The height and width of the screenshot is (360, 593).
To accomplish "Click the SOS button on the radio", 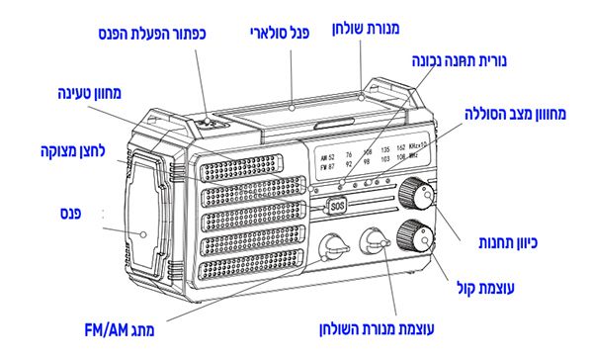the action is tap(337, 207).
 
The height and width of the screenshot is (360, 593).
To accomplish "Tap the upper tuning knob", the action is tap(416, 194).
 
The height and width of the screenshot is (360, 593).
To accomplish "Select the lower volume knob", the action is tap(415, 236).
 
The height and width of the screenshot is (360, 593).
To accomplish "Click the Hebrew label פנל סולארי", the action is tap(280, 33).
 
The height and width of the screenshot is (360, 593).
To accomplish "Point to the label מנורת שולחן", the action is tap(366, 29).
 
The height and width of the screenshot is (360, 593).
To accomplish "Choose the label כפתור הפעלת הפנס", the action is tap(152, 34).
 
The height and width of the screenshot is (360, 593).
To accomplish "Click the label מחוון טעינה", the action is tap(89, 93).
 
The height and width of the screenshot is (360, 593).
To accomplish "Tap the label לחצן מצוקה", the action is tap(72, 151).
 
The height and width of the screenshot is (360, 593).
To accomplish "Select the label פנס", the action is tap(71, 214).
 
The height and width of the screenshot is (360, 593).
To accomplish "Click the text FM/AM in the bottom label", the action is tap(107, 330).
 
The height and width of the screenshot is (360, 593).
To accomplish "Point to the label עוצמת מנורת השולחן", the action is tap(377, 328).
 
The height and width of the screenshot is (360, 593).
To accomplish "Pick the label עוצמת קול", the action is tap(485, 288).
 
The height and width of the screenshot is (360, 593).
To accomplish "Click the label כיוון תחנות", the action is tap(508, 242).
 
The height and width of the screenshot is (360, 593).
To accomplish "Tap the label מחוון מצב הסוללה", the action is tap(515, 114).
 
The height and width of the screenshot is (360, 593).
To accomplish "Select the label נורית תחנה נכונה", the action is tap(460, 61).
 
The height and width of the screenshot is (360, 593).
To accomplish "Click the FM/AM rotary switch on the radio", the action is tap(332, 246).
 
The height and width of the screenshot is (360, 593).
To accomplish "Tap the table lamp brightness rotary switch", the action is tap(374, 241).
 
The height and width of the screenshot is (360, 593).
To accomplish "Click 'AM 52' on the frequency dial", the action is tap(327, 157).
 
